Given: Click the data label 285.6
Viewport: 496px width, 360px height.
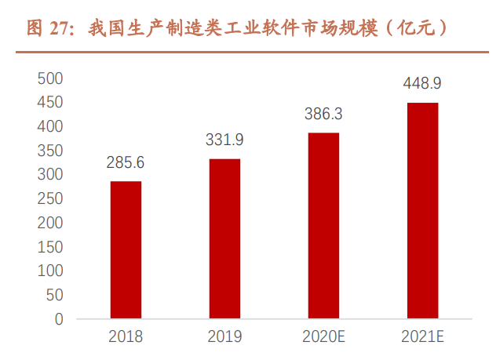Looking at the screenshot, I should (x=126, y=163).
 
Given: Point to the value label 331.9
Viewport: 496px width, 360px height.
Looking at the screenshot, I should (x=224, y=140).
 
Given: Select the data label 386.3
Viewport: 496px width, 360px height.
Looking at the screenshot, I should (x=323, y=114).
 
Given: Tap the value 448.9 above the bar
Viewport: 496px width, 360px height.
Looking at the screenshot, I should (x=422, y=83).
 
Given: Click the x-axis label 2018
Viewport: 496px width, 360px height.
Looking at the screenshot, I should (x=126, y=337).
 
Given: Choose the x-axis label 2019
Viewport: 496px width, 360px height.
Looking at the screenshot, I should (x=224, y=337).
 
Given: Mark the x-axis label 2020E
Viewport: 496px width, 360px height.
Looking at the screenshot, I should (x=323, y=337).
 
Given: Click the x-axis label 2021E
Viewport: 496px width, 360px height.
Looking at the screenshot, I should (x=422, y=337).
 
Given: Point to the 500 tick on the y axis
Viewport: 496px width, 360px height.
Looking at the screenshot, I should (x=50, y=78).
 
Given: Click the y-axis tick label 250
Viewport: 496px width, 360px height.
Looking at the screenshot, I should (x=50, y=199).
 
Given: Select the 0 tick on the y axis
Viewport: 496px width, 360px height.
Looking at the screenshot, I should (x=58, y=319).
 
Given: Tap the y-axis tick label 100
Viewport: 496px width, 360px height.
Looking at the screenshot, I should (x=50, y=271).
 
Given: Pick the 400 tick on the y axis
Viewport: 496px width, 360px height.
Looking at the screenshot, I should (x=50, y=126).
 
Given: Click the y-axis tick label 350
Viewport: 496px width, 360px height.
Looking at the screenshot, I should (x=50, y=151).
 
